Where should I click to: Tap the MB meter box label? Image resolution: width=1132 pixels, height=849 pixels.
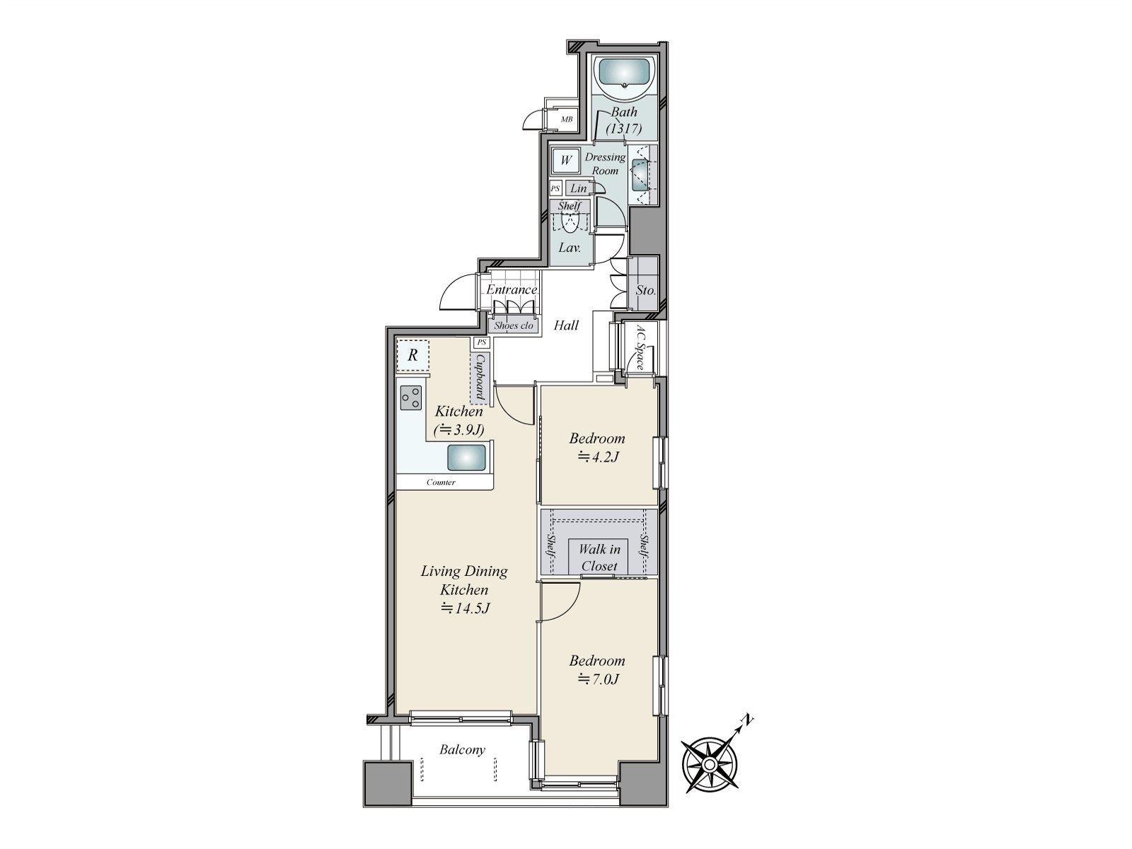pos(566,120)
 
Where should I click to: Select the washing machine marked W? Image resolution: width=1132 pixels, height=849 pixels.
pos(566,161)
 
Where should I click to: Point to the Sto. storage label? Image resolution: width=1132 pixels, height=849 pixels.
pos(645,290)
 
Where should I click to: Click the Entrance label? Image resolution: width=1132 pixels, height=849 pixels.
pos(511,289)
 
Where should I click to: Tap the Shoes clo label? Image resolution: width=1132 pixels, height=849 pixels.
pos(513,325)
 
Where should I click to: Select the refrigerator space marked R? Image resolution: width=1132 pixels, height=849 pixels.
pos(412,355)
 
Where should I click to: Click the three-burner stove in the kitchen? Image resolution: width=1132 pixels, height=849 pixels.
pos(411,398)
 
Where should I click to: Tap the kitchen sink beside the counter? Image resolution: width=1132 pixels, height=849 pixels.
pos(466,457)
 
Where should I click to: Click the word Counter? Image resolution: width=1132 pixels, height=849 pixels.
pos(441,483)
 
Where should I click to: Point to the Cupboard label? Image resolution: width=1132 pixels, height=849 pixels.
pos(480,376)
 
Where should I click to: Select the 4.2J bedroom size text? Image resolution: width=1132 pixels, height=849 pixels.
pos(599,457)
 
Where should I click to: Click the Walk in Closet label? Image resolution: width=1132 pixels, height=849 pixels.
pos(599,558)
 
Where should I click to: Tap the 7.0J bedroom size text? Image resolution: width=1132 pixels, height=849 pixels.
pos(599,679)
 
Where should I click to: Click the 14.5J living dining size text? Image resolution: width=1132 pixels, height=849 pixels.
pos(465,608)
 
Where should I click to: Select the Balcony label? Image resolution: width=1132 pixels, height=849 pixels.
pos(462,750)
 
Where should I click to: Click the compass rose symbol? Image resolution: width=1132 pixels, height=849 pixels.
pos(710,765)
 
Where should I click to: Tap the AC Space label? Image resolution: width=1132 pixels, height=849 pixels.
pos(640,347)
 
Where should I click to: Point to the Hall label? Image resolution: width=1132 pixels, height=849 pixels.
pos(566,325)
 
